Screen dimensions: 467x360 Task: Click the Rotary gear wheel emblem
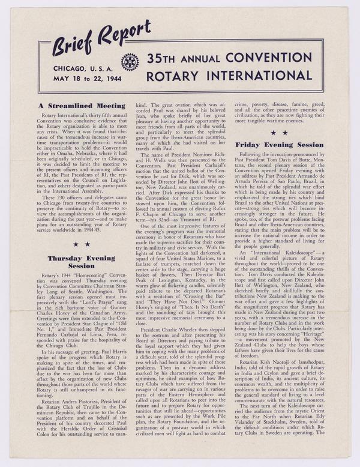coord(130,61)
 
